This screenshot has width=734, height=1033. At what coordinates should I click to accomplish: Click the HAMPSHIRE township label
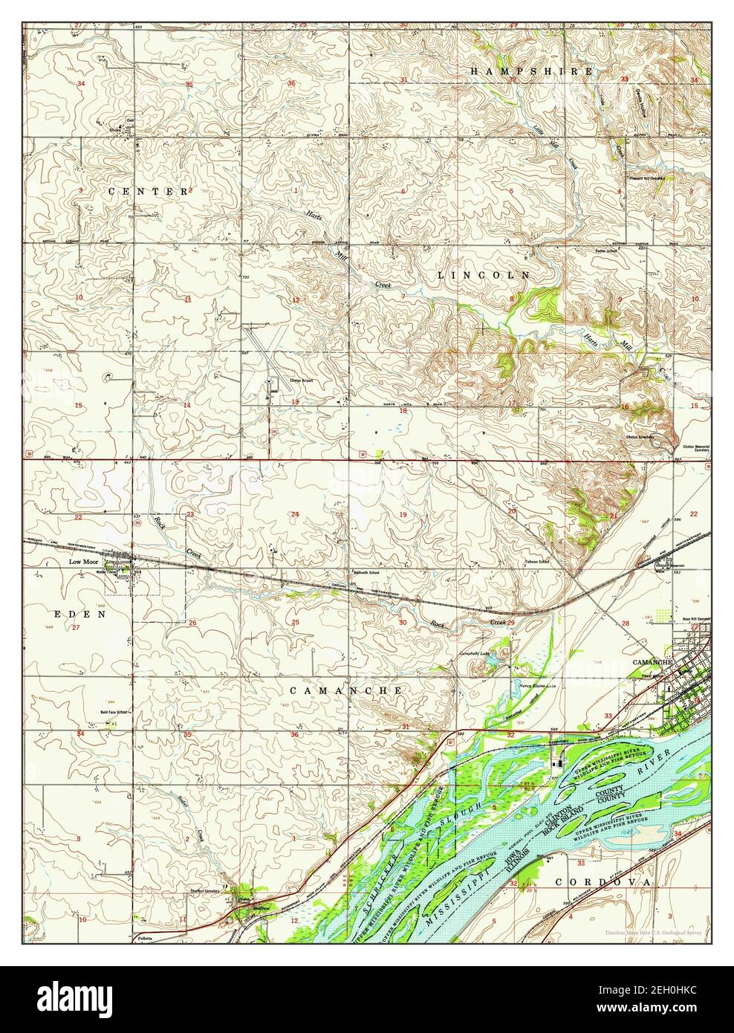pyautogui.click(x=532, y=71)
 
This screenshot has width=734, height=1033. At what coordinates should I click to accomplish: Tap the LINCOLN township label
pyautogui.click(x=483, y=275)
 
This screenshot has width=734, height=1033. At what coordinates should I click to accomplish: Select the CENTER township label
pyautogui.click(x=149, y=191)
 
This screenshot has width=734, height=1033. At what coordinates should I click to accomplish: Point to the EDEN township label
pyautogui.click(x=77, y=615)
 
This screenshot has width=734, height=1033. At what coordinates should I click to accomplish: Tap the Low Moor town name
pyautogui.click(x=84, y=563)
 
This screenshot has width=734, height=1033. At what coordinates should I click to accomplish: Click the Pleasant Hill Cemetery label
pyautogui.click(x=645, y=178)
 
